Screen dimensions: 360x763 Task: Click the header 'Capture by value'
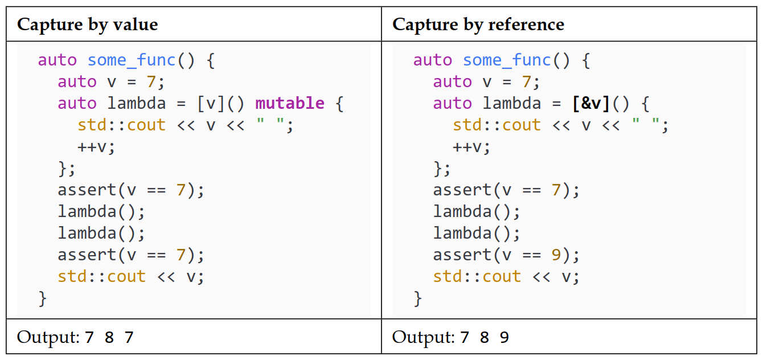tap(87, 24)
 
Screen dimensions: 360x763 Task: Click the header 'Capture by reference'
tap(478, 24)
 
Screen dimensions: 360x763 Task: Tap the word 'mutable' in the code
tap(290, 103)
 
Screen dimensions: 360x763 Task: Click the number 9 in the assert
tap(556, 255)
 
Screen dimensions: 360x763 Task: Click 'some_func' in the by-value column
tap(132, 60)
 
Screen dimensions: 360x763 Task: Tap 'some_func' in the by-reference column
tap(507, 60)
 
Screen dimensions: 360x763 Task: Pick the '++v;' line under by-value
tap(96, 146)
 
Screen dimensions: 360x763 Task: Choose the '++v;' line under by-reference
tap(471, 146)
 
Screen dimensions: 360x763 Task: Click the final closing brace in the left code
tap(43, 298)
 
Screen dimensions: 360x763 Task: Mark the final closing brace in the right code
tap(418, 298)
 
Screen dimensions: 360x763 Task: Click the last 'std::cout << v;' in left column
tap(130, 276)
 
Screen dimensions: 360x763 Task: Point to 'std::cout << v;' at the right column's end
tap(506, 276)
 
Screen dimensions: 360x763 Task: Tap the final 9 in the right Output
tap(504, 338)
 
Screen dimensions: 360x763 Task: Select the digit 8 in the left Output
tap(109, 338)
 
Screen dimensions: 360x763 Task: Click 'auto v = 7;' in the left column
tap(110, 81)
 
